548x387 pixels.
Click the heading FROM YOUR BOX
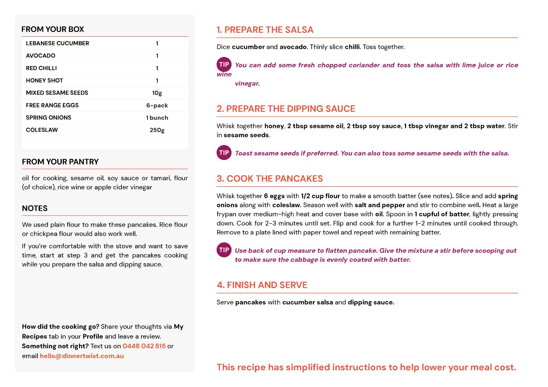point(53,29)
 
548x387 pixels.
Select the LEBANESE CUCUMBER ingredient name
point(57,43)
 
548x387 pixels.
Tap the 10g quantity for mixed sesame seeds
point(157,93)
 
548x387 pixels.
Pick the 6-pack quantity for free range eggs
point(157,105)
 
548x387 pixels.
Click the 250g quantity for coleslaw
point(157,130)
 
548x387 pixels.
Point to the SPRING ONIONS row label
point(48,117)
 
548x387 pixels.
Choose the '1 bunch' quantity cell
point(157,118)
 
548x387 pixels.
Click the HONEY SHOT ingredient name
point(44,80)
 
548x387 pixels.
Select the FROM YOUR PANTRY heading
point(60,162)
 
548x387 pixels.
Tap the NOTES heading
point(35,208)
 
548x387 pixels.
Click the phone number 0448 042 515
point(144,346)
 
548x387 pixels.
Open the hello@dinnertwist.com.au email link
point(82,356)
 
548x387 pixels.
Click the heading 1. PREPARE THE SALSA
point(265,30)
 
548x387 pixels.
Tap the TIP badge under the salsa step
point(224,65)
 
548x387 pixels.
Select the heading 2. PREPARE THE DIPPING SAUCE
point(286,109)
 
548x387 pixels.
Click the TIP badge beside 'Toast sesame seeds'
point(224,153)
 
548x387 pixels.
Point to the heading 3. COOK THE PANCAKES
point(270,179)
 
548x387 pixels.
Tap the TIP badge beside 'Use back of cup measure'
point(224,250)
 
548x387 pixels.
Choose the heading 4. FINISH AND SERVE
point(262,285)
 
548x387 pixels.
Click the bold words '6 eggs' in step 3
point(274,196)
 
